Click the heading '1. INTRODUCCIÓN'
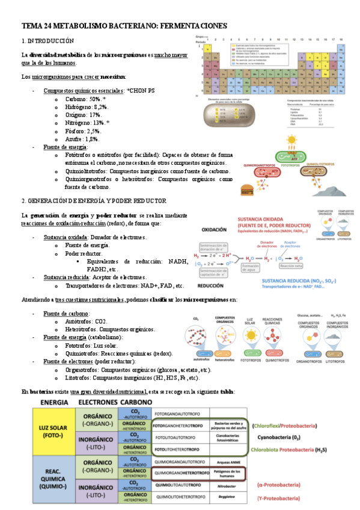point(47,41)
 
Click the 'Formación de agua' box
point(254,268)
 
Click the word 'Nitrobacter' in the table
point(227,485)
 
